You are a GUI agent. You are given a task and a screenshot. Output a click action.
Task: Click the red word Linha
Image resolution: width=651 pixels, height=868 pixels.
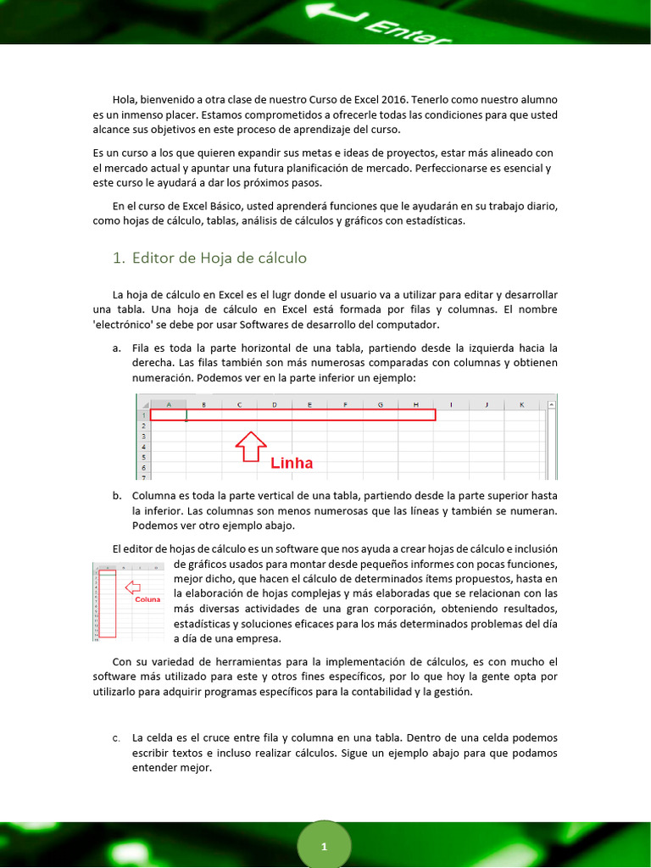[292, 463]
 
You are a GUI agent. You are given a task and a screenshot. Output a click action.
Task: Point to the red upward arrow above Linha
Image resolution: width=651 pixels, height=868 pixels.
[251, 447]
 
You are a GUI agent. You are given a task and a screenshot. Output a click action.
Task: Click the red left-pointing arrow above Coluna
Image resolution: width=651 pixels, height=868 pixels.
[132, 587]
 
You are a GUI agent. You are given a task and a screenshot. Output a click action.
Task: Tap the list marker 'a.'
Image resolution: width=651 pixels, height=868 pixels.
[116, 348]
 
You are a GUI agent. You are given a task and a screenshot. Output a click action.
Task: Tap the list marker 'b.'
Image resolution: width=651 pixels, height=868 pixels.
[116, 495]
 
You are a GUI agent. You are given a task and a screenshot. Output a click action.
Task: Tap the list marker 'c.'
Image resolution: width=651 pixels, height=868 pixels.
[116, 737]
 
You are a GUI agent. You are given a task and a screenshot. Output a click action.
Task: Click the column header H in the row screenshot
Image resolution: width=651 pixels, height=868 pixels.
[416, 404]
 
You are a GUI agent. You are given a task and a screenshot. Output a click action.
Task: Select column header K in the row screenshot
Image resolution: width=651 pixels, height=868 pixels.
[521, 404]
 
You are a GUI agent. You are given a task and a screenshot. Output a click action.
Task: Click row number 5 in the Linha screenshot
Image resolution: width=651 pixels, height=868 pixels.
[143, 456]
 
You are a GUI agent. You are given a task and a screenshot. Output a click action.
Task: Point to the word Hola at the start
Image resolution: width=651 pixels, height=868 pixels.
[125, 100]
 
